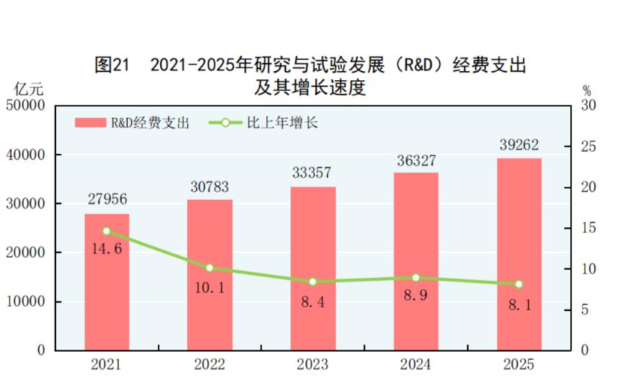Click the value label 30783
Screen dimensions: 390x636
tap(209, 188)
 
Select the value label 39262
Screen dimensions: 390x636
tap(519, 146)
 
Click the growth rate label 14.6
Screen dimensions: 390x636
tap(106, 249)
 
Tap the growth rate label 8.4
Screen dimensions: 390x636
tap(313, 300)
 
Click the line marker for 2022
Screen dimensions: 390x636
tap(209, 268)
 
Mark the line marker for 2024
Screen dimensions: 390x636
tap(416, 278)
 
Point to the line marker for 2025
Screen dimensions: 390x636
tap(519, 284)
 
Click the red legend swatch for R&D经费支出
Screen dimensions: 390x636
tap(90, 123)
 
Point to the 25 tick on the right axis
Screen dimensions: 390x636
tap(587, 147)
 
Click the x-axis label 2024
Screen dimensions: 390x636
tap(416, 364)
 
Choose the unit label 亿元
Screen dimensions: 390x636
tap(29, 90)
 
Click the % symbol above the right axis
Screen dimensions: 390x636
tap(587, 91)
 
